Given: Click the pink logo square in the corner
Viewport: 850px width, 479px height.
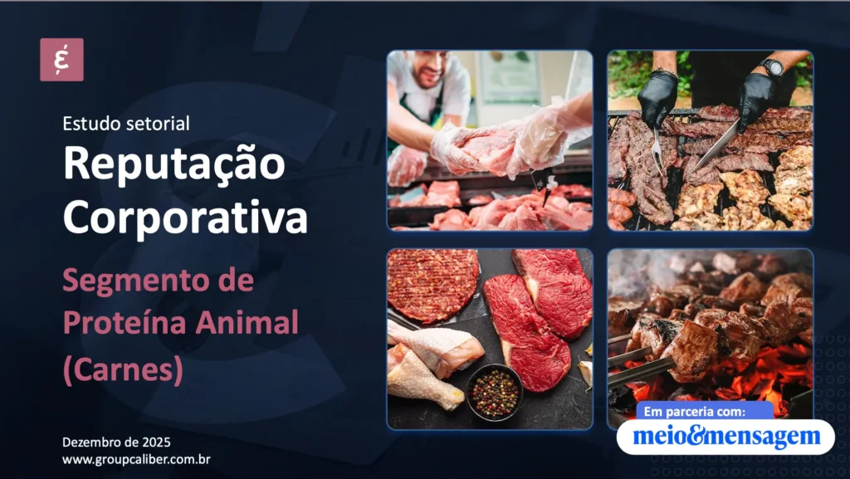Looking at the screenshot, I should (x=61, y=60).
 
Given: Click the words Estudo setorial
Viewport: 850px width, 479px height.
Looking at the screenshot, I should (x=126, y=124).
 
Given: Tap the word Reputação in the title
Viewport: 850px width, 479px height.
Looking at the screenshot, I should (x=173, y=164).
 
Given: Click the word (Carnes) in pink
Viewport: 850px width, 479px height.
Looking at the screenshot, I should (x=122, y=368).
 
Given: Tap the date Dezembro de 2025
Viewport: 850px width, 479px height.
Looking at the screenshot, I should (x=116, y=442).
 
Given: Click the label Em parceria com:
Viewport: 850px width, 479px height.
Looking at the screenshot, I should (x=695, y=411).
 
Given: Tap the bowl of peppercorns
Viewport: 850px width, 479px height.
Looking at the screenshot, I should (x=495, y=391).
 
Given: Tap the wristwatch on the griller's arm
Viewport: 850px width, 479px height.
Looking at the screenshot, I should (x=771, y=67).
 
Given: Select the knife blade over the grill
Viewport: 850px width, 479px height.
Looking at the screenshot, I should (x=715, y=146).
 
